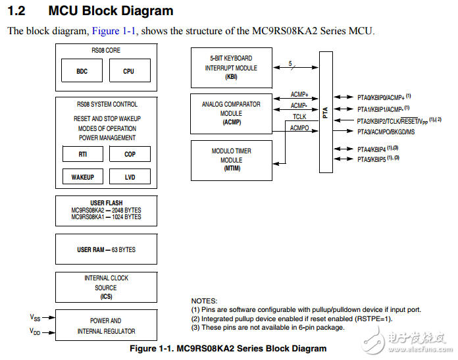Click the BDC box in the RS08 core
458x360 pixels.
coord(82,71)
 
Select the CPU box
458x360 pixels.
coord(128,71)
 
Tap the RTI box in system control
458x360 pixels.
coord(82,154)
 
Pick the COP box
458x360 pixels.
coord(129,154)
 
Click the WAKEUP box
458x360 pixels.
coord(82,177)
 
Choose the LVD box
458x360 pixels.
coord(129,177)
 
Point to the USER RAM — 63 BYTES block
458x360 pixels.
coord(106,250)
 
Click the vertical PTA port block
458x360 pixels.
coord(326,113)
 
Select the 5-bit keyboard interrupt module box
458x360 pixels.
coord(230,67)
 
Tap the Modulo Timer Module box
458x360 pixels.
coord(230,160)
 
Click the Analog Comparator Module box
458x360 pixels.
coord(230,113)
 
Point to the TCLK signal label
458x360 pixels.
coord(299,116)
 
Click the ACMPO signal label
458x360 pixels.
coord(300,127)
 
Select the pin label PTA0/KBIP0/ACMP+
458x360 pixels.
coord(381,97)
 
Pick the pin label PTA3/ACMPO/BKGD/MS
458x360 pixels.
coord(386,132)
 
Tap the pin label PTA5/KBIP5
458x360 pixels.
coord(372,159)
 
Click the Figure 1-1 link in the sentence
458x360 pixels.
coord(114,31)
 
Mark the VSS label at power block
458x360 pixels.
coord(35,317)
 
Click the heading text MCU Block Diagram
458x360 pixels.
coord(111,11)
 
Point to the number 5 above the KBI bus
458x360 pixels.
coord(290,63)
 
